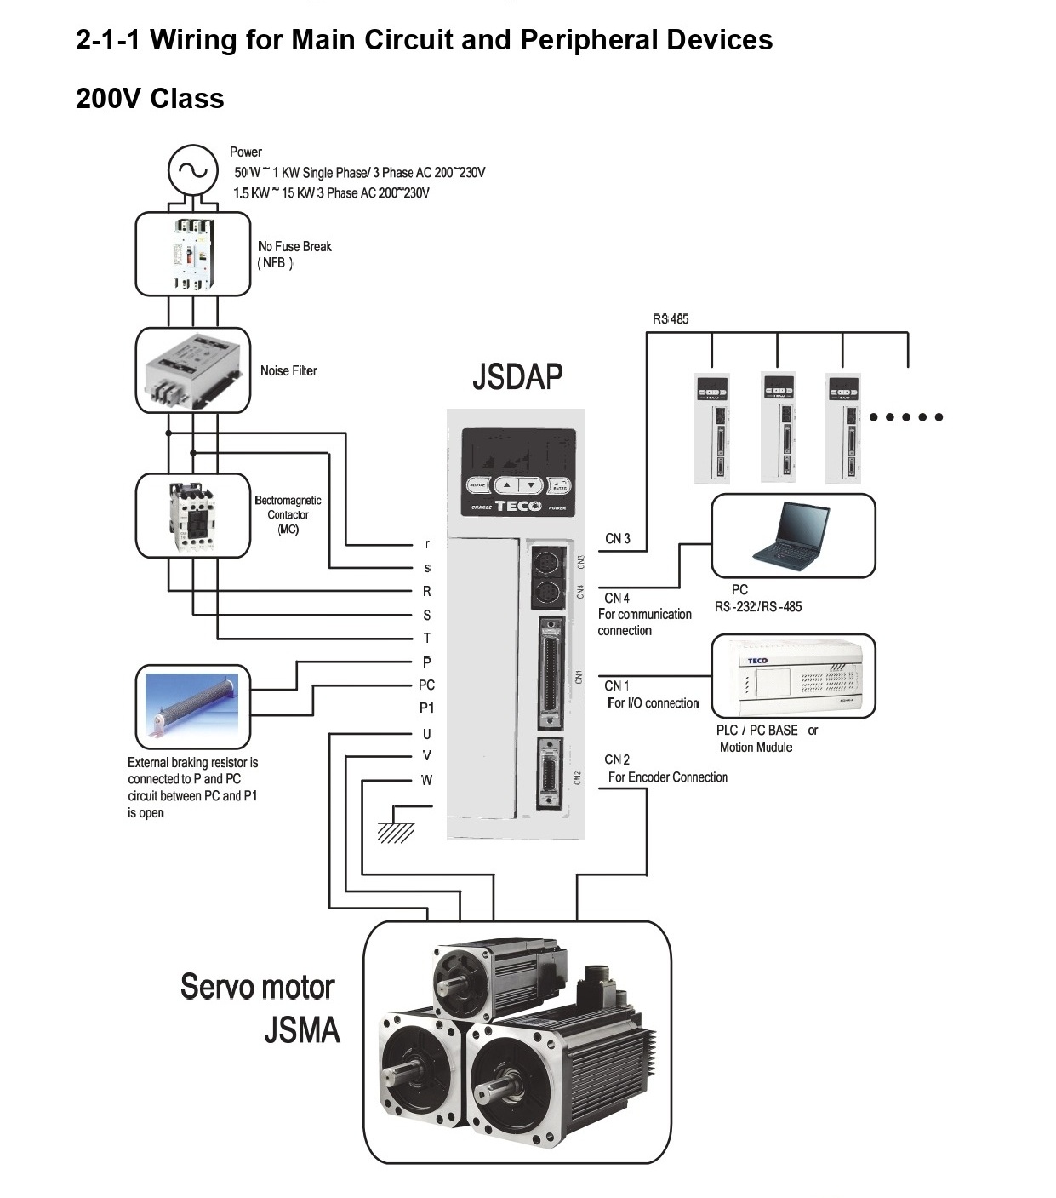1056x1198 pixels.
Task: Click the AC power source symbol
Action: click(193, 170)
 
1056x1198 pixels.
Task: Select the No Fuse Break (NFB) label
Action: click(294, 254)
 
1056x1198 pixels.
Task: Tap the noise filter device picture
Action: click(193, 370)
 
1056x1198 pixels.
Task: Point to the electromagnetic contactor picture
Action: click(192, 515)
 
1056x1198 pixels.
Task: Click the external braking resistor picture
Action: click(193, 702)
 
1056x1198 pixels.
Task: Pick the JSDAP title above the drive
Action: click(517, 376)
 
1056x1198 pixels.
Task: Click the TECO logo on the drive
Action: click(518, 506)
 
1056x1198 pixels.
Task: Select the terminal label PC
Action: click(426, 685)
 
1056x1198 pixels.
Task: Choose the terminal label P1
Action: click(426, 708)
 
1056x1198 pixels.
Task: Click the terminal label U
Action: click(426, 734)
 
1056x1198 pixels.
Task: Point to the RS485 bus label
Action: click(671, 319)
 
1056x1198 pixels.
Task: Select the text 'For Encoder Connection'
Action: click(668, 777)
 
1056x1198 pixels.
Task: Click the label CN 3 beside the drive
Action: click(618, 539)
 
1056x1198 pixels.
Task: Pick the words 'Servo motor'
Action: click(257, 987)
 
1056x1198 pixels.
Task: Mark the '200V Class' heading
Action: click(150, 99)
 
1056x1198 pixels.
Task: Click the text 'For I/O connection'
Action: click(653, 703)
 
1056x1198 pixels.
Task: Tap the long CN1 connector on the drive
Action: click(551, 674)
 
